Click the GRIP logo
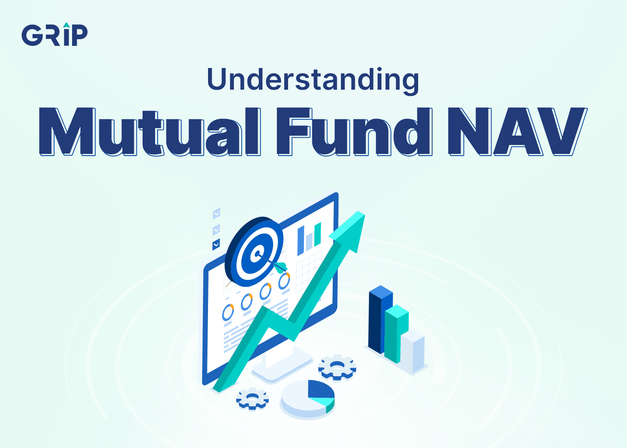(x=55, y=34)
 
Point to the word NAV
(x=517, y=131)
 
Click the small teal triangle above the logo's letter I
(x=66, y=25)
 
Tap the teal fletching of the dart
(x=281, y=268)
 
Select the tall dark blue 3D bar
(x=380, y=319)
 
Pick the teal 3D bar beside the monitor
(x=396, y=334)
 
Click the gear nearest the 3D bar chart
(x=337, y=367)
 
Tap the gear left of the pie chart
(x=253, y=399)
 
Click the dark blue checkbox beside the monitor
(x=216, y=244)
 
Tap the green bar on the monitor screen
(x=317, y=235)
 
